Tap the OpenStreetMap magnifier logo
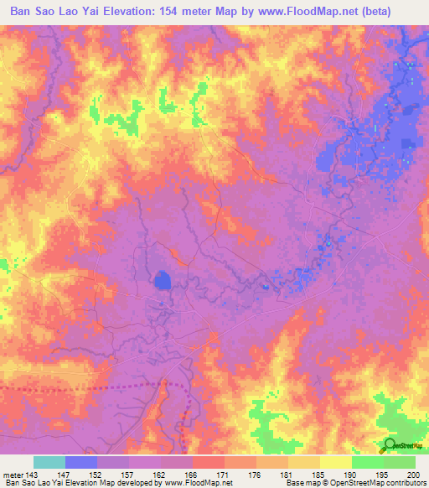[390, 445]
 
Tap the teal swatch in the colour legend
[49, 462]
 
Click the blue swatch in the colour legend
[81, 462]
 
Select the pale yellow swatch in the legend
[336, 462]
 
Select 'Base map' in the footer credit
[302, 483]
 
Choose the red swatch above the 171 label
[209, 462]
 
